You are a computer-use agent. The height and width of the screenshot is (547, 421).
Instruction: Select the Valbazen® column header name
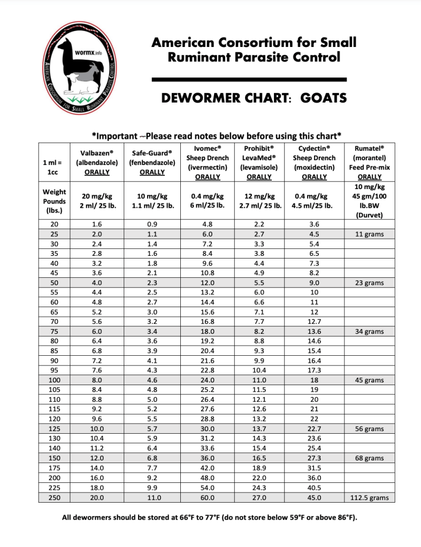tap(96, 152)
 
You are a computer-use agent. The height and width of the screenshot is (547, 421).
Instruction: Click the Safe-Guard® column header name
tap(152, 152)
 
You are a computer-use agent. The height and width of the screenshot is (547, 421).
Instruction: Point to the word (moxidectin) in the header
tap(314, 167)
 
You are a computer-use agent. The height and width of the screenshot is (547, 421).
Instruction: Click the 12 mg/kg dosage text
tap(259, 196)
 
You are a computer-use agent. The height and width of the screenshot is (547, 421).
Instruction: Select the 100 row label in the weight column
tap(54, 380)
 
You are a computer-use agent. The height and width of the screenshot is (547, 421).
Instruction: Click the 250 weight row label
tap(54, 498)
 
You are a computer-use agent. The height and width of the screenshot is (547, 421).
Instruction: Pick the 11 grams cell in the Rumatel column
tap(369, 234)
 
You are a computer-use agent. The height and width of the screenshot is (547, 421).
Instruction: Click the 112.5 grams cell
tap(369, 498)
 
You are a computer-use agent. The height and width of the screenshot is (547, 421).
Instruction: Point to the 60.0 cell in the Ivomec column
tap(207, 498)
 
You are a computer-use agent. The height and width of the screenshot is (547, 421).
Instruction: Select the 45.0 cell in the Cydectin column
tap(314, 498)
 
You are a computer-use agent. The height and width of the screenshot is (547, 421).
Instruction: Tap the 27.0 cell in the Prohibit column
tap(259, 498)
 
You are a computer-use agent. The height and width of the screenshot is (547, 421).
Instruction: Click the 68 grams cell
tap(369, 458)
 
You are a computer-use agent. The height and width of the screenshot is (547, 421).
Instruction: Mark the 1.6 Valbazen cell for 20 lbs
tap(96, 224)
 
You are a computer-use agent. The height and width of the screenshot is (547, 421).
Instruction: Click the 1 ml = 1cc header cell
tap(54, 167)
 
